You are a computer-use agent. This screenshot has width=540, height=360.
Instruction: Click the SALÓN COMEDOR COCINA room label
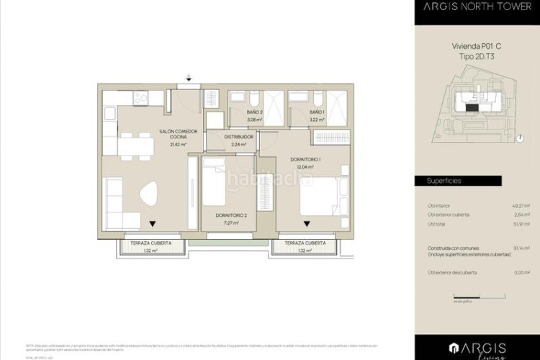(173, 134)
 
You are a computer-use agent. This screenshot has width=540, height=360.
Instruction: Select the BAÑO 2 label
(253, 113)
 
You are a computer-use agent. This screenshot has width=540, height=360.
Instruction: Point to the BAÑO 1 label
(317, 113)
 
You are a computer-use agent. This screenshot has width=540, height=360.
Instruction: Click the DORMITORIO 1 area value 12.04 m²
(307, 166)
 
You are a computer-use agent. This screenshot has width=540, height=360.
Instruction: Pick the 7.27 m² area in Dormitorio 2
(230, 222)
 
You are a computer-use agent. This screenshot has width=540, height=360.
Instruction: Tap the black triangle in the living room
(152, 223)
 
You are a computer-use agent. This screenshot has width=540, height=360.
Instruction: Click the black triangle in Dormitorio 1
(307, 223)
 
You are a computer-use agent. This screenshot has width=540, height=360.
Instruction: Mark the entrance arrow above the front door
(189, 77)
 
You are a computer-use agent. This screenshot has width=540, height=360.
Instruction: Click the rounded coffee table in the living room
(149, 194)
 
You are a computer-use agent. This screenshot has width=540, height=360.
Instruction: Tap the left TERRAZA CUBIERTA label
(151, 243)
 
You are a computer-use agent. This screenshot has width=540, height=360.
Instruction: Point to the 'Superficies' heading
(444, 181)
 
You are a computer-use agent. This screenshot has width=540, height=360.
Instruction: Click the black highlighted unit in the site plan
(471, 107)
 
